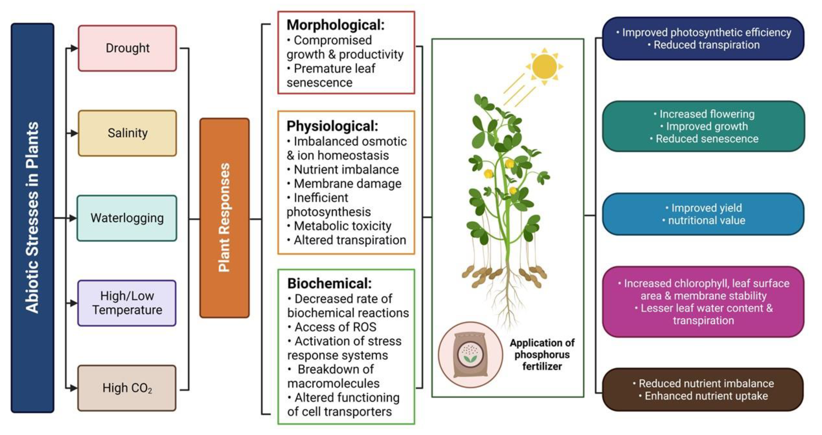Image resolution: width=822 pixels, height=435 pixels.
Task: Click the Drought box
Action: tap(127, 48)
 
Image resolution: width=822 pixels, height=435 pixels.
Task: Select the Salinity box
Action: tap(127, 133)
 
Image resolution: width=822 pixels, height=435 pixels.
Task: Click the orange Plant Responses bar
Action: tap(224, 218)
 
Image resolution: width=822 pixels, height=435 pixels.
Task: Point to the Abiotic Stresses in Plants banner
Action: tap(32, 218)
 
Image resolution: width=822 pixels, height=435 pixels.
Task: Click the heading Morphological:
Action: tap(335, 25)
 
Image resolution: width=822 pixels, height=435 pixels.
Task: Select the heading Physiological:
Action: tap(332, 126)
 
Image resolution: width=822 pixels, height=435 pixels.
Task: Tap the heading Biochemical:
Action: tap(329, 284)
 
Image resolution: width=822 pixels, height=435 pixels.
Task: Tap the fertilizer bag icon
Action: tap(470, 354)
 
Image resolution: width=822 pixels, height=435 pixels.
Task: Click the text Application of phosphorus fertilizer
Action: tap(542, 354)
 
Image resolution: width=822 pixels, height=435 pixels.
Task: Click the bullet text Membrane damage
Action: tap(347, 184)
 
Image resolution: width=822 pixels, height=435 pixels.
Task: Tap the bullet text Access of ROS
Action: tap(335, 327)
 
